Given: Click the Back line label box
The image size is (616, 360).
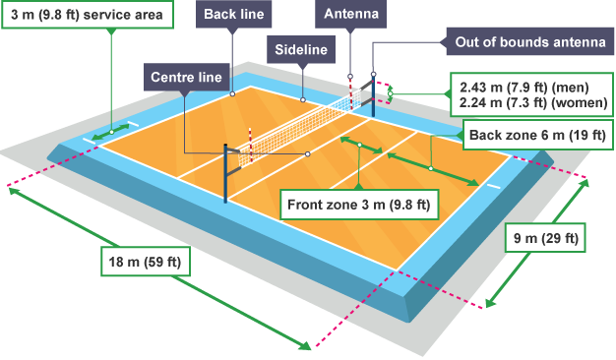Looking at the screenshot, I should (x=232, y=16).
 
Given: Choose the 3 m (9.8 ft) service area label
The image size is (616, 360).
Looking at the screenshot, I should (x=86, y=16).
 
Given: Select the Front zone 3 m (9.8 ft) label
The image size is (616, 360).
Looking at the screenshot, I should (x=358, y=205).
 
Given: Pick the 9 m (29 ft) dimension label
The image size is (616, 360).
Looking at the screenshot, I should (x=545, y=238).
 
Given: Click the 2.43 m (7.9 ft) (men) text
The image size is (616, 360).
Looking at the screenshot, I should (x=530, y=85).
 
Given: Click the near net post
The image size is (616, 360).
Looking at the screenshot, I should (x=228, y=173).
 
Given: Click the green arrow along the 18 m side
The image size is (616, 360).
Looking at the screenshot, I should (x=157, y=267).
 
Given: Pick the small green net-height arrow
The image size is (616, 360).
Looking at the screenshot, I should (x=390, y=94).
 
